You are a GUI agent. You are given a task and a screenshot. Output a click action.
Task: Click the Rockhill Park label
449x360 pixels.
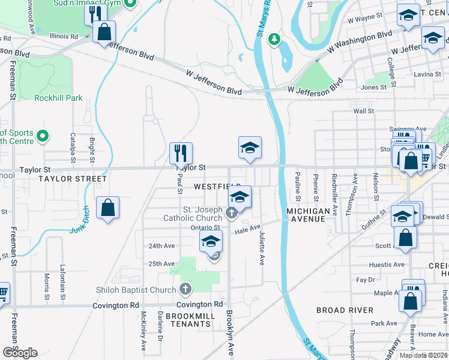[x=58, y=98]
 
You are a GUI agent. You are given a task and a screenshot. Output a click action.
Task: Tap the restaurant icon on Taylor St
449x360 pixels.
[x=181, y=153]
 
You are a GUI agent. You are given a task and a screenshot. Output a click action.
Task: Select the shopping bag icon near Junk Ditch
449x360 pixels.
[x=107, y=208]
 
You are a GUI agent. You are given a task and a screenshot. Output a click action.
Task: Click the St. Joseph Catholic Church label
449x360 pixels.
[x=194, y=214]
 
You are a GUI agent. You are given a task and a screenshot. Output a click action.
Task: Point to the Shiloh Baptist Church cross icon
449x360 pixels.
[x=185, y=290]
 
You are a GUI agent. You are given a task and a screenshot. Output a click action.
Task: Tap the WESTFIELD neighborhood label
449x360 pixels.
[x=217, y=187]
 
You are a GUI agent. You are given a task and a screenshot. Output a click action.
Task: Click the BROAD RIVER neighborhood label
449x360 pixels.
[x=345, y=310]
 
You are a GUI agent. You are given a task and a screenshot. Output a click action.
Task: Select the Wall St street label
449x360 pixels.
[x=364, y=111]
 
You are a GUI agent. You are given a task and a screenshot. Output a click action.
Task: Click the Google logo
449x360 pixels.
[x=20, y=353]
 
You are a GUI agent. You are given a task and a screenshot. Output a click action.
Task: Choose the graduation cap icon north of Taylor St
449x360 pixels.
[x=250, y=148]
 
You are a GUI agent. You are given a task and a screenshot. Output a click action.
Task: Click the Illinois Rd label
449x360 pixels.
[x=64, y=37]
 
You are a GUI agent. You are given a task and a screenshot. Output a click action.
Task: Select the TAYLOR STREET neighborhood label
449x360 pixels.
[x=73, y=179]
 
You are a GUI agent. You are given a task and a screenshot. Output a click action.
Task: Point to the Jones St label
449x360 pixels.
[x=374, y=88]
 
